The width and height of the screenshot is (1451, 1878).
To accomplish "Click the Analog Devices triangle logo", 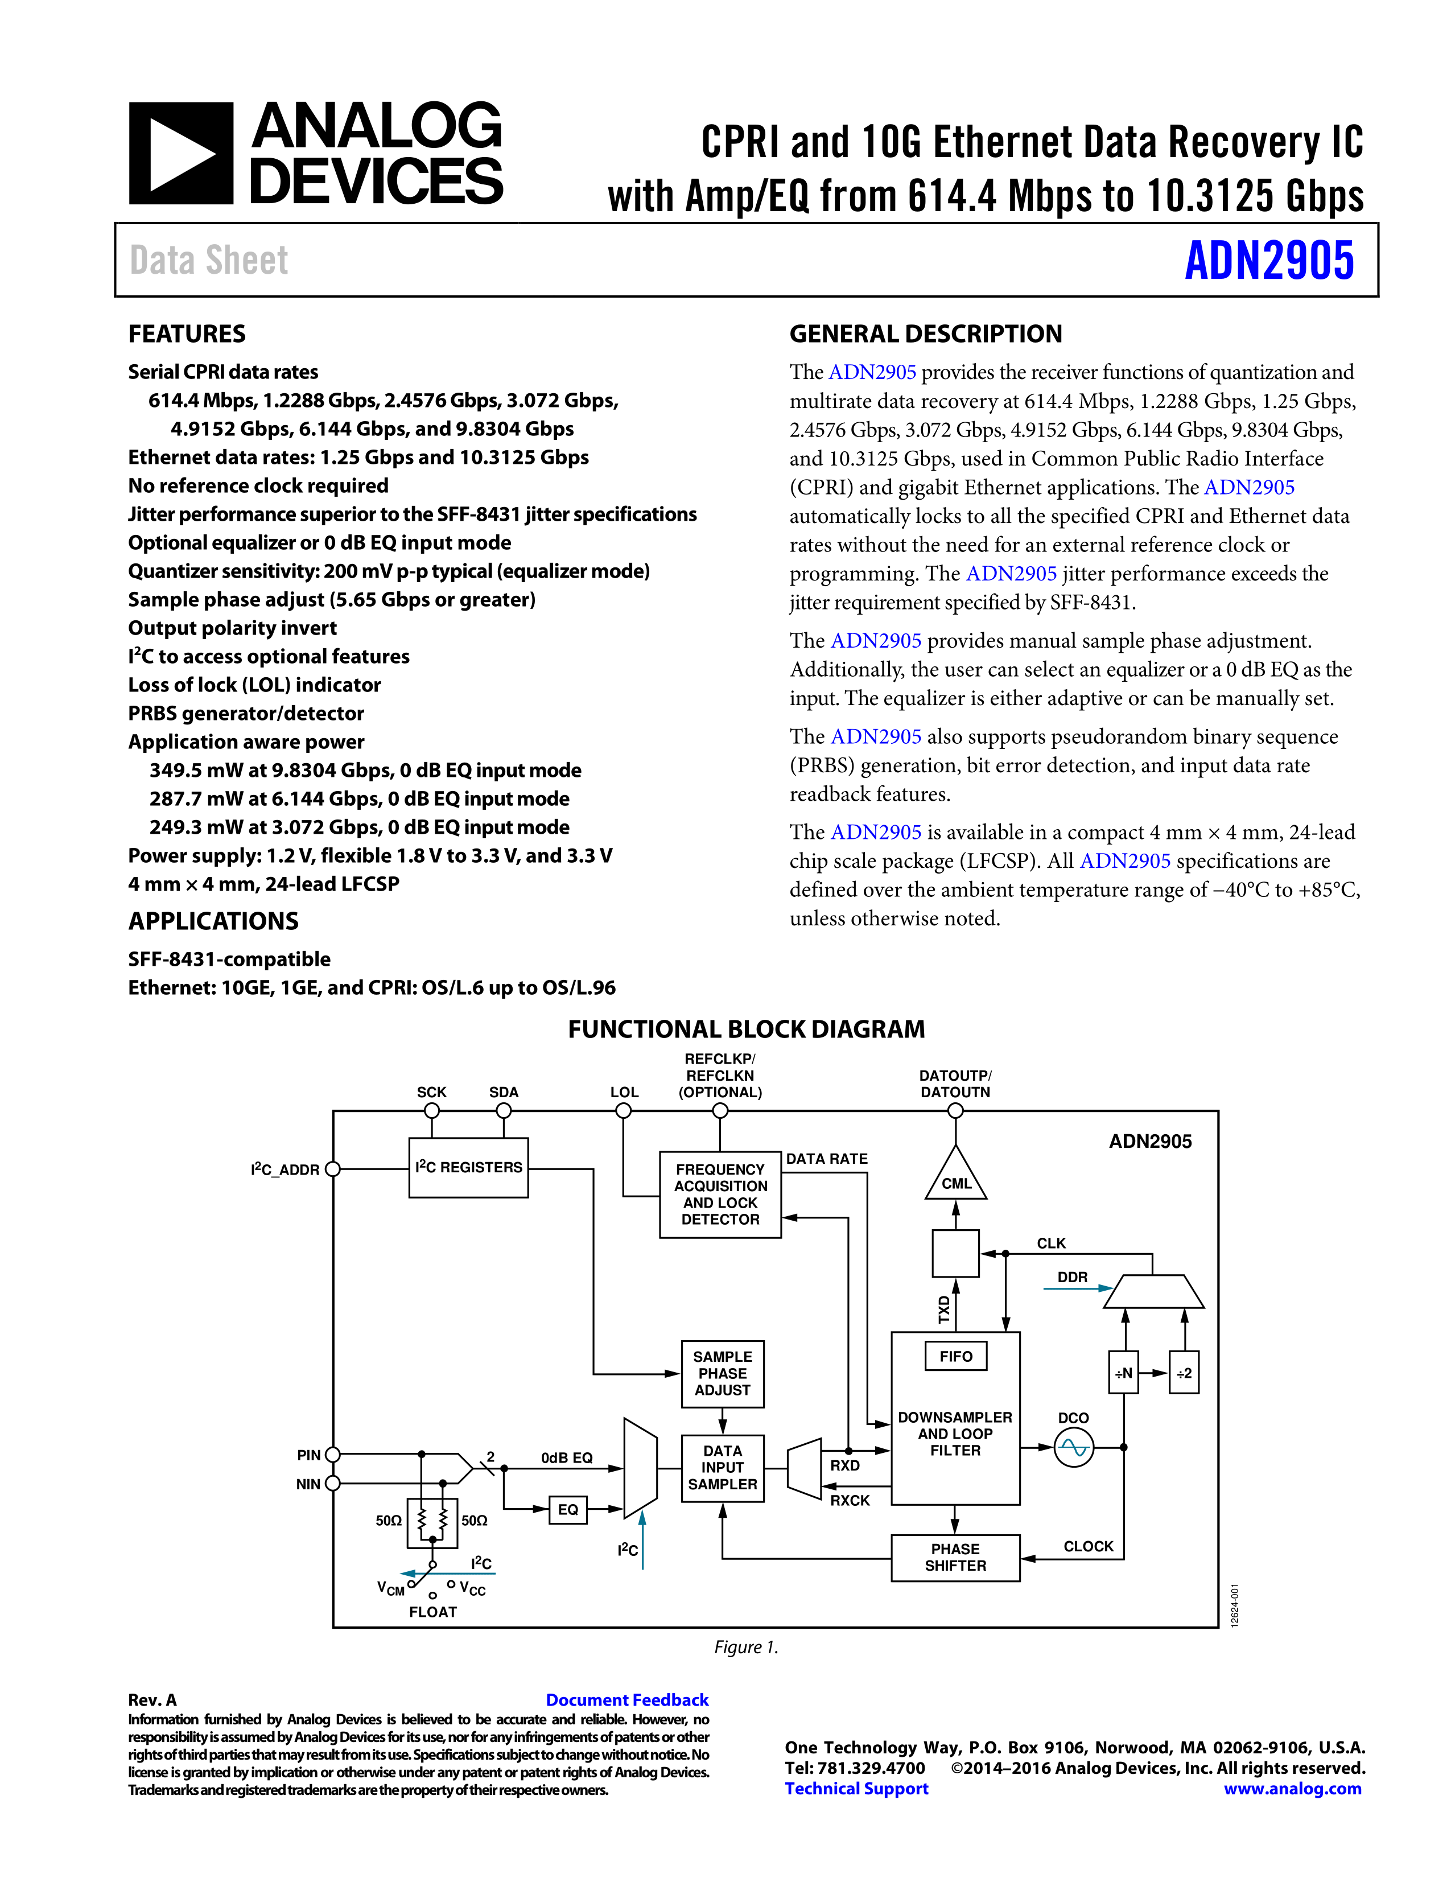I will (x=180, y=154).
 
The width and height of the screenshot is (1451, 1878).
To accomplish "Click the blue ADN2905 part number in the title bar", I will (x=1269, y=261).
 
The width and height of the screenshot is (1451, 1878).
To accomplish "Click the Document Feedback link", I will (x=626, y=1700).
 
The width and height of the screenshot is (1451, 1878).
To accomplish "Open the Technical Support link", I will (x=856, y=1789).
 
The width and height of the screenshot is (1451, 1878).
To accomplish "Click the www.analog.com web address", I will (x=1292, y=1789).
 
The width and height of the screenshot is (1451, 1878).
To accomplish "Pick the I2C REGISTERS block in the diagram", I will (x=468, y=1167).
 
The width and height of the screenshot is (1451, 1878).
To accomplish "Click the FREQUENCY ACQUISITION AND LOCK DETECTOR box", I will (x=720, y=1195).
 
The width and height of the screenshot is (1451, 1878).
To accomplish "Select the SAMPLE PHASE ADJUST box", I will (x=722, y=1373).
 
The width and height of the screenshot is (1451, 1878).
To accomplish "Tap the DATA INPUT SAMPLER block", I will (x=722, y=1468).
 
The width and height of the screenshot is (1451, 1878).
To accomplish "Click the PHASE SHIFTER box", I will (x=955, y=1557).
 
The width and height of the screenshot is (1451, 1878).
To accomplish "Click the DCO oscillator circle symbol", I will (x=1074, y=1447).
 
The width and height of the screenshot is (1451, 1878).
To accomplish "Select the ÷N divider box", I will (x=1123, y=1373).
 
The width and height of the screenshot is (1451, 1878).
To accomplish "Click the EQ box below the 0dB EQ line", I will (x=568, y=1510).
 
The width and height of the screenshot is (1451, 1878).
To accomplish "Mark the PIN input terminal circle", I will (x=333, y=1454).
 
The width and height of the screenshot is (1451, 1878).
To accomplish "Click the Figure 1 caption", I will (x=746, y=1647).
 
